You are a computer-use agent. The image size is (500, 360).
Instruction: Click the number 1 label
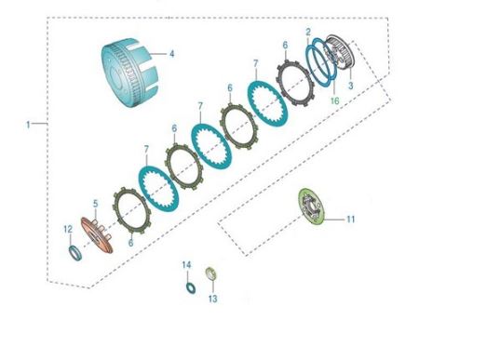point(28,125)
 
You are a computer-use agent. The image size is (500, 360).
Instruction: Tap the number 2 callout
point(308,32)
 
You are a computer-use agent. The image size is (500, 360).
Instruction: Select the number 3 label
point(351,86)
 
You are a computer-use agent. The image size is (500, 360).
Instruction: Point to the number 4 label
point(172,54)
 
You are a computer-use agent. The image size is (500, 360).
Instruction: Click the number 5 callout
point(96,204)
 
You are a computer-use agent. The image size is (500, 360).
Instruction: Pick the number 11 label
point(351,220)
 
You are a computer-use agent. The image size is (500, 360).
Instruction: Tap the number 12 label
point(68,229)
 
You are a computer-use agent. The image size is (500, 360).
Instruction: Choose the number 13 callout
point(212,299)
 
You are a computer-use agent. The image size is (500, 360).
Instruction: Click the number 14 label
point(186,265)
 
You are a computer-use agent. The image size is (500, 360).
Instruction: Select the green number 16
point(334,101)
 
